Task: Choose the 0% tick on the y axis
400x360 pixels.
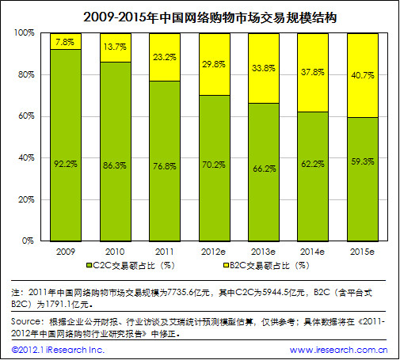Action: [x=28, y=241]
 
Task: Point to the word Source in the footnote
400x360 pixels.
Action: [x=29, y=322]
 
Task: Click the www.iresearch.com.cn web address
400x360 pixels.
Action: [x=338, y=349]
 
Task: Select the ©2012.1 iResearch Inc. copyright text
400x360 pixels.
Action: [x=58, y=349]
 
